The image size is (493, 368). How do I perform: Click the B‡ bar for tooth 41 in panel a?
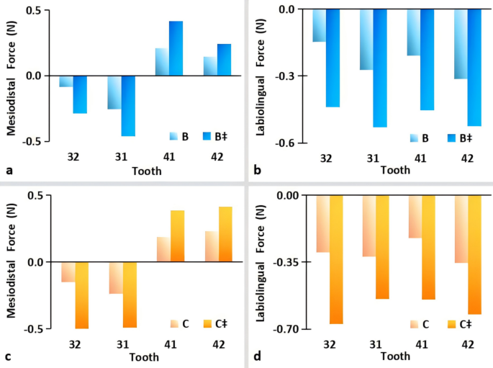point(176,48)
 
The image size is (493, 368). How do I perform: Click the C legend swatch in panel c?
point(173,323)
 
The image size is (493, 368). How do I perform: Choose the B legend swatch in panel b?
point(415,138)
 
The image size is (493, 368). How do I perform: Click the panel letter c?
point(8,356)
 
